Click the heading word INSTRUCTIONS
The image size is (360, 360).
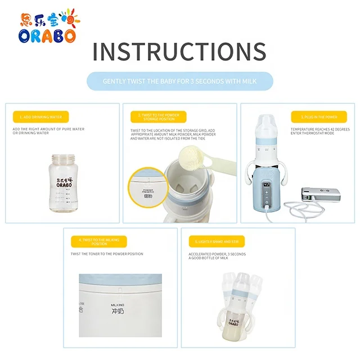click(x=179, y=52)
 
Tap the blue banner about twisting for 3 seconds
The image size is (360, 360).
click(x=179, y=81)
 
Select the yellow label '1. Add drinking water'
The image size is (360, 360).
click(x=41, y=117)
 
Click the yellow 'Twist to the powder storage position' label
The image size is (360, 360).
click(x=158, y=116)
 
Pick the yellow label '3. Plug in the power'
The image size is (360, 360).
click(x=314, y=117)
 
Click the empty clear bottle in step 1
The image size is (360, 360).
click(x=62, y=183)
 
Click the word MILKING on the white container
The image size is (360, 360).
click(x=117, y=304)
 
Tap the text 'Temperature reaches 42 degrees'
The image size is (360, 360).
click(x=320, y=129)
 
